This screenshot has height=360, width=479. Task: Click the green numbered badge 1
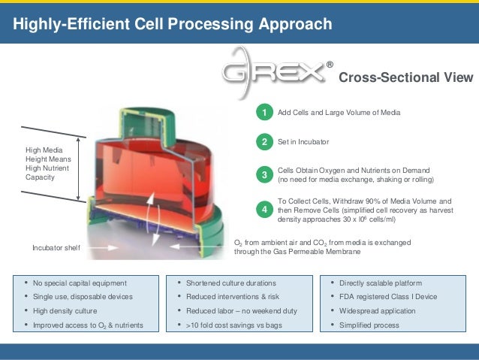pos(264,113)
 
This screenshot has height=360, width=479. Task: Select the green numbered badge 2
pos(264,142)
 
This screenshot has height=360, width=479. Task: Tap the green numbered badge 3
pos(264,175)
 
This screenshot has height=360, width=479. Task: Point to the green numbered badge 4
pos(264,210)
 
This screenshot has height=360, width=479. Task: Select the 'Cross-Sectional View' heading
pos(406,78)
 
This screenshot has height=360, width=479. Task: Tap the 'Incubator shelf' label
pos(56,247)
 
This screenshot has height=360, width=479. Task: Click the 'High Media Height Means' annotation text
pos(50,159)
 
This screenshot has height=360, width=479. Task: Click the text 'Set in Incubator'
pos(303,141)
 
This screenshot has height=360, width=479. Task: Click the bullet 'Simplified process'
pos(369,325)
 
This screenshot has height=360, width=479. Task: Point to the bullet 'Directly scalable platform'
pos(381,283)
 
